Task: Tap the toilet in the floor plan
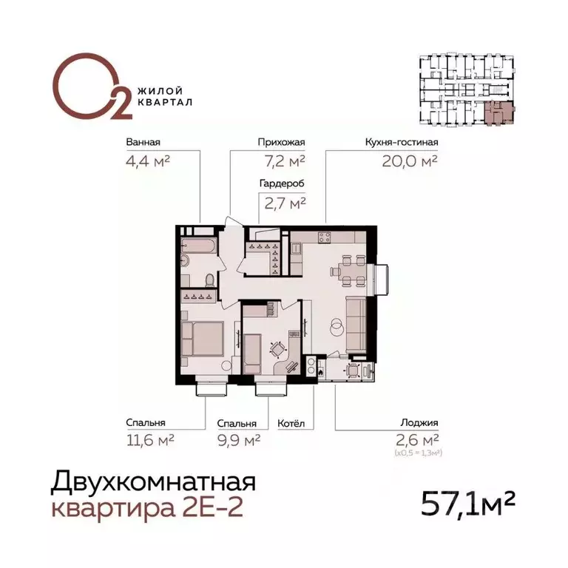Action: tap(210, 280)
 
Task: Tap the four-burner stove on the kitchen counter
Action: tap(324, 237)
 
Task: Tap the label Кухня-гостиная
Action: tap(402, 143)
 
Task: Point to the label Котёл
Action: tap(291, 424)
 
